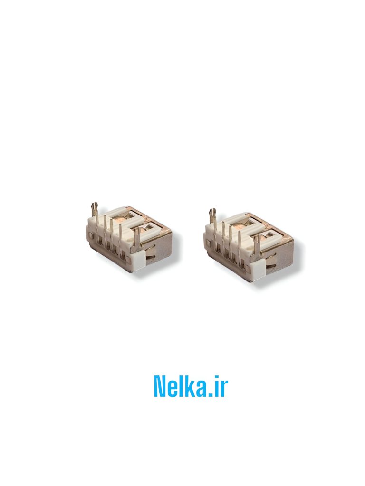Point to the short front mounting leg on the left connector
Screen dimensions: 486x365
pyautogui.click(x=138, y=237)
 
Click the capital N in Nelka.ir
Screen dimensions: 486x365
pyautogui.click(x=162, y=386)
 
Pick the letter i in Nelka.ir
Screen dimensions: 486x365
pyautogui.click(x=217, y=386)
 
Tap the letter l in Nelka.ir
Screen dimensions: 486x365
pyautogui.click(x=183, y=386)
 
